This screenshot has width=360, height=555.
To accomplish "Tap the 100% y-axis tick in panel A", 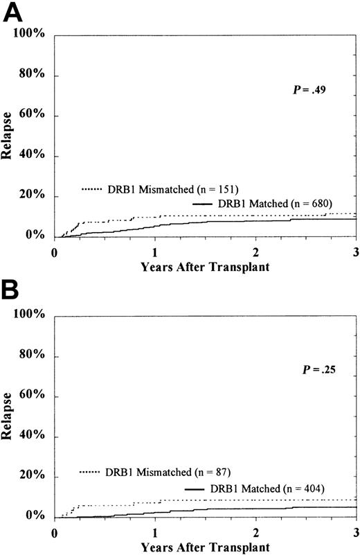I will coord(30,34).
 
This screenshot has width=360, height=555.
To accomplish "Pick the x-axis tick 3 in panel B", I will coord(355,531).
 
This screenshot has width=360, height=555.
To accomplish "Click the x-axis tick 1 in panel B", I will coord(155,531).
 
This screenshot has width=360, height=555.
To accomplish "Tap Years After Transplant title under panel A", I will coord(205,266).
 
